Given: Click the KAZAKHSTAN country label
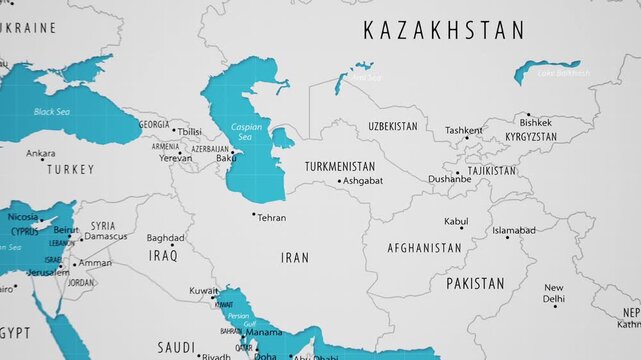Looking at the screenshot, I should pyautogui.click(x=443, y=30).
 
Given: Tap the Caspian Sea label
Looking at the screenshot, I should pyautogui.click(x=246, y=132).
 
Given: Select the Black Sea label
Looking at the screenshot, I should pyautogui.click(x=53, y=112).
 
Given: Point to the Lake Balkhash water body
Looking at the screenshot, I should pyautogui.click(x=547, y=70).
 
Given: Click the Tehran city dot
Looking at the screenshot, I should pyautogui.click(x=254, y=213).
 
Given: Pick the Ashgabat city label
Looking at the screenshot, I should pyautogui.click(x=362, y=181).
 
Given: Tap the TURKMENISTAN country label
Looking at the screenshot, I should pyautogui.click(x=340, y=166).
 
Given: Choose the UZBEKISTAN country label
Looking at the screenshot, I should pyautogui.click(x=393, y=127).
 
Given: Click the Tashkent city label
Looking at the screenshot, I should pyautogui.click(x=463, y=131).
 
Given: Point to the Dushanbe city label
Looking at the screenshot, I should pyautogui.click(x=450, y=180).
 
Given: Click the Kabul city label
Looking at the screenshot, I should pyautogui.click(x=456, y=221).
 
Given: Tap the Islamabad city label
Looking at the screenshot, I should pyautogui.click(x=514, y=230).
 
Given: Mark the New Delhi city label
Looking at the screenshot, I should pyautogui.click(x=553, y=293).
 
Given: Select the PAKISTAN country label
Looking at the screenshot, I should pyautogui.click(x=475, y=284).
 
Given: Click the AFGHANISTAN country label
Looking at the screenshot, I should pyautogui.click(x=425, y=247).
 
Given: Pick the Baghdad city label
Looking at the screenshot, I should pyautogui.click(x=165, y=238).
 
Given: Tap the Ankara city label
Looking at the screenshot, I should pyautogui.click(x=41, y=154).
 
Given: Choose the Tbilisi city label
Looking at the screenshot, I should pyautogui.click(x=189, y=131).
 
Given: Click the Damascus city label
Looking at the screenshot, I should pyautogui.click(x=106, y=236).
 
